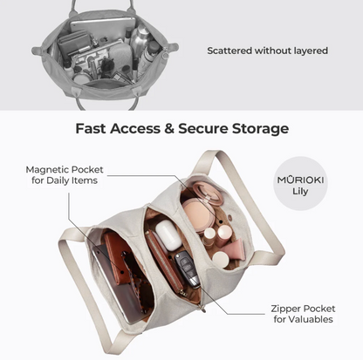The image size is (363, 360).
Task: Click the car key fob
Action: click(187, 268)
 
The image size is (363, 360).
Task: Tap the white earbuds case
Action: click(168, 234)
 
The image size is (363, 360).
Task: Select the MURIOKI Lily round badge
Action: click(300, 184)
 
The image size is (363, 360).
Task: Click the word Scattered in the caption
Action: click(229, 51)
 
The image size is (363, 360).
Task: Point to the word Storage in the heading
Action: click(260, 129)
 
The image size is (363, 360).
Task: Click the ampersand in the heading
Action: click(168, 129)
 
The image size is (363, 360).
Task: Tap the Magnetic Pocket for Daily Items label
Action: click(65, 175)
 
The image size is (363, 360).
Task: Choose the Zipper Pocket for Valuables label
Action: click(303, 314)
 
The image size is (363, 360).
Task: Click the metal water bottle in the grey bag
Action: click(138, 37)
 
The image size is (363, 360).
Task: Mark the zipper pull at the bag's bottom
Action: click(202, 309)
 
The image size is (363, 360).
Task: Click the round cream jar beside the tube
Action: click(221, 260)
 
